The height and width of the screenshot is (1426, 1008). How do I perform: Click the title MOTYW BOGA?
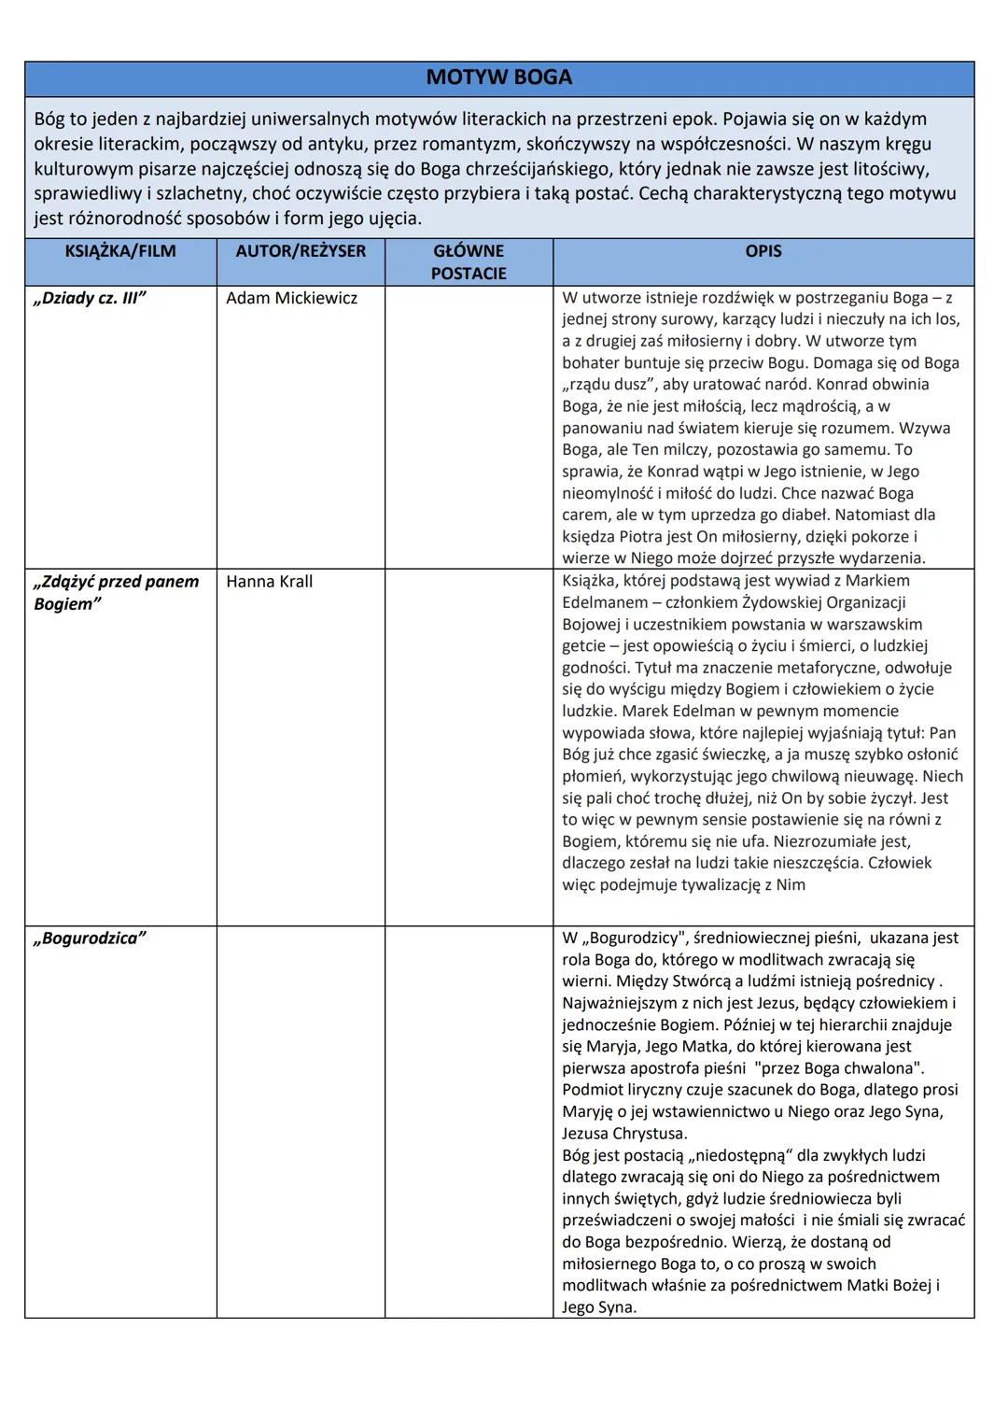pyautogui.click(x=498, y=78)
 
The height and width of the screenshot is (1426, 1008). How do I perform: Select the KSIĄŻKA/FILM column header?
pyautogui.click(x=120, y=251)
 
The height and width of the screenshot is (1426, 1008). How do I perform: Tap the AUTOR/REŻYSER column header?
pyautogui.click(x=301, y=251)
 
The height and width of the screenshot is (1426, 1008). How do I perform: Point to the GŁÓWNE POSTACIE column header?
pyautogui.click(x=469, y=262)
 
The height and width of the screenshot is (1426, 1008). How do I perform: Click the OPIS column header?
pyautogui.click(x=763, y=251)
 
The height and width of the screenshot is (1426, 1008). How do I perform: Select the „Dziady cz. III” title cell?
pyautogui.click(x=90, y=299)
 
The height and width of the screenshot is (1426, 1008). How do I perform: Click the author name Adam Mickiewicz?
pyautogui.click(x=291, y=299)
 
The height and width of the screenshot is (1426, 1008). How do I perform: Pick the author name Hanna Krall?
pyautogui.click(x=269, y=582)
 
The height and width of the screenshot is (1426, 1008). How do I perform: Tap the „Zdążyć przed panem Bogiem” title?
pyautogui.click(x=116, y=593)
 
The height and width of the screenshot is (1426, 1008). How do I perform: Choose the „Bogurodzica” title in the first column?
pyautogui.click(x=90, y=939)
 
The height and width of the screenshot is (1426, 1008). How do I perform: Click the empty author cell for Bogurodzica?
pyautogui.click(x=301, y=1121)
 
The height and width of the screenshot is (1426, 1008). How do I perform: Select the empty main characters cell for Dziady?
pyautogui.click(x=469, y=426)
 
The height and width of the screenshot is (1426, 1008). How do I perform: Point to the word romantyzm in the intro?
pyautogui.click(x=458, y=145)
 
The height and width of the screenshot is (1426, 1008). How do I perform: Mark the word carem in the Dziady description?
pyautogui.click(x=584, y=515)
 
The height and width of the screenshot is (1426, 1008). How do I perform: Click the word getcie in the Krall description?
pyautogui.click(x=584, y=645)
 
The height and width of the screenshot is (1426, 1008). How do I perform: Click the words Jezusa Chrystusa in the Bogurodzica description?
pyautogui.click(x=624, y=1134)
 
